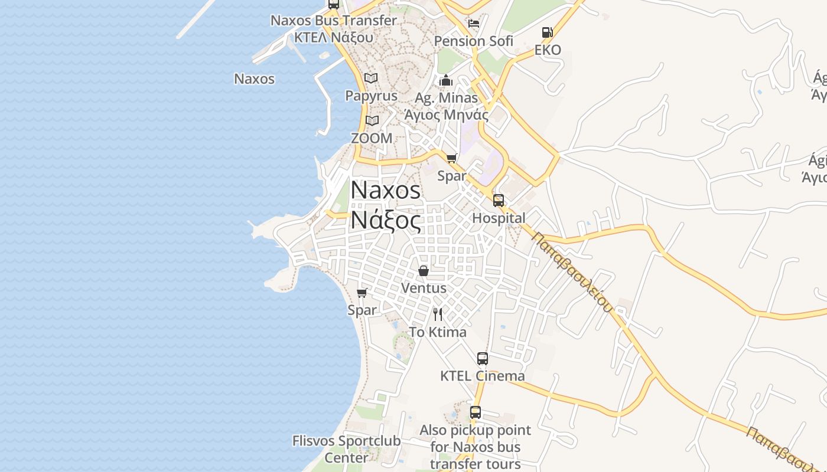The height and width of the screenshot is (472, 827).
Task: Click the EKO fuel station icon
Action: click(x=548, y=32)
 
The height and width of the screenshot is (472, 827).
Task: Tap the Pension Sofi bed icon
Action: click(x=474, y=24)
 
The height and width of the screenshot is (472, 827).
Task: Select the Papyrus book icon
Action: click(x=371, y=78)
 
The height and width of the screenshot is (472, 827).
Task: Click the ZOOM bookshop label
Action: click(x=372, y=138)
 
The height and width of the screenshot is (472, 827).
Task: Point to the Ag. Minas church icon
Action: click(x=446, y=80)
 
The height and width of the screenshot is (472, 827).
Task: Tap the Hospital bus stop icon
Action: click(x=499, y=201)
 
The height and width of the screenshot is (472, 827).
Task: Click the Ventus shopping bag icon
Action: click(x=424, y=271)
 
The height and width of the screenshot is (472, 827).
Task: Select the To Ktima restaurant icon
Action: click(x=438, y=314)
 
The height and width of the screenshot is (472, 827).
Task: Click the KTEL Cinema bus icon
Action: click(x=483, y=358)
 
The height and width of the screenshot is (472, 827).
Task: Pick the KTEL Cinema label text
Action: click(x=483, y=376)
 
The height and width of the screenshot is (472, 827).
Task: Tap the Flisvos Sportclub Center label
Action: click(x=346, y=449)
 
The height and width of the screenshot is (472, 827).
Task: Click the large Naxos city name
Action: click(x=386, y=190)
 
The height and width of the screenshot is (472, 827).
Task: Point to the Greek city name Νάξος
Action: click(x=386, y=221)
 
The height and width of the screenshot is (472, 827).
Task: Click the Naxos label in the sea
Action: click(x=255, y=78)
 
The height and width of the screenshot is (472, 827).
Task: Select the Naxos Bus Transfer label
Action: click(x=334, y=21)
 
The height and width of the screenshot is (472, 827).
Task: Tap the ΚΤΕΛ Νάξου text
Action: click(x=334, y=37)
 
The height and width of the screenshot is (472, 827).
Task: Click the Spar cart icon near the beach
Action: click(x=362, y=293)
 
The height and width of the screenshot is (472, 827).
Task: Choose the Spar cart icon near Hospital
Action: click(x=452, y=158)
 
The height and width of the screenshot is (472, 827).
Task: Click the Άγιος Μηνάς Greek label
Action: click(x=447, y=114)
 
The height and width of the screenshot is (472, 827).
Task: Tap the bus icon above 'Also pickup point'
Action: click(x=476, y=412)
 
